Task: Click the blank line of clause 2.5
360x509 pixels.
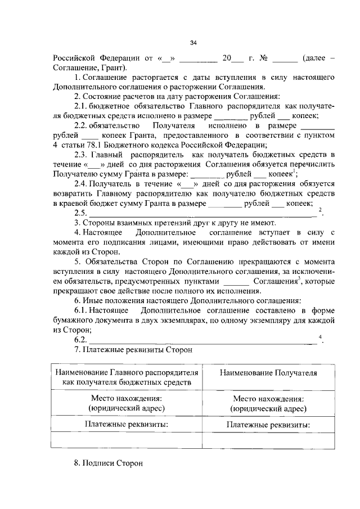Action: [x=202, y=214]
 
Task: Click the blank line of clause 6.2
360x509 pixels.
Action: [x=202, y=341]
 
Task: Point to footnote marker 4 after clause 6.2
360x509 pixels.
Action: [x=319, y=337]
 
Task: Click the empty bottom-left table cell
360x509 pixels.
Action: [x=126, y=440]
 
